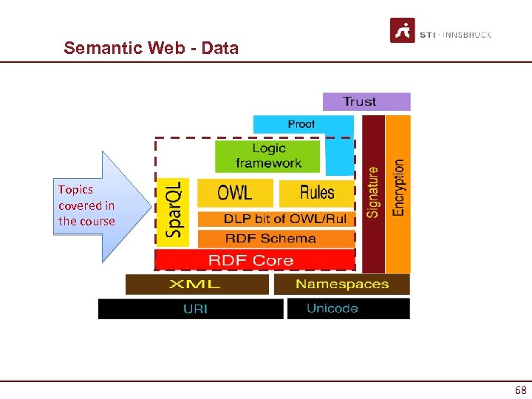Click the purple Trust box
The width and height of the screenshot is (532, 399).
click(x=366, y=101)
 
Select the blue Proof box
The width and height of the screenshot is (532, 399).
click(x=301, y=124)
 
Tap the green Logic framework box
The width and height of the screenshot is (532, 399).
click(x=268, y=156)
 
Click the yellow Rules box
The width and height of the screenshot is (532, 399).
click(x=316, y=193)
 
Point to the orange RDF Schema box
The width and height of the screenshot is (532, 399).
click(x=270, y=239)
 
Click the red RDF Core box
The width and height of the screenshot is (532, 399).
click(x=251, y=260)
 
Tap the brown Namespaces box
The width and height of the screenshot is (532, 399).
click(x=341, y=284)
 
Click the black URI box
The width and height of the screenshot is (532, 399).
click(x=191, y=309)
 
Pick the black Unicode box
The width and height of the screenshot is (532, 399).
click(x=348, y=309)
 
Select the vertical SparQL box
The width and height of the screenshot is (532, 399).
click(x=174, y=212)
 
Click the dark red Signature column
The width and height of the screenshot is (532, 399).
click(x=373, y=191)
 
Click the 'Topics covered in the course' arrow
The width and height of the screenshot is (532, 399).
click(x=92, y=206)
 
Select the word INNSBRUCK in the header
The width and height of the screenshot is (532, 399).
click(x=468, y=35)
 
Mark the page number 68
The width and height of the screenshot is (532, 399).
click(x=519, y=389)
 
